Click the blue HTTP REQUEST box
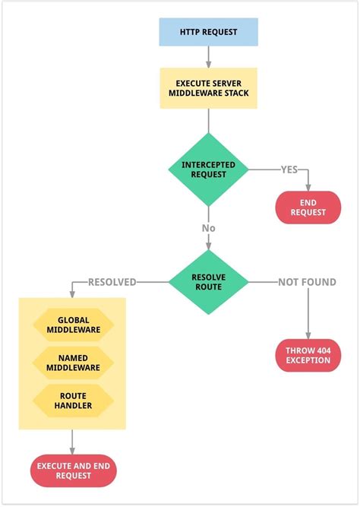[x=208, y=32]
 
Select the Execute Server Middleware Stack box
[x=208, y=87]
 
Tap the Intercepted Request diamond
[x=208, y=169]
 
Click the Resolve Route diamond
[x=208, y=282]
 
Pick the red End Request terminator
[x=308, y=207]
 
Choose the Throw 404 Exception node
[x=308, y=355]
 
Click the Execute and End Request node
[x=73, y=471]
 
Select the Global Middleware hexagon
[x=73, y=325]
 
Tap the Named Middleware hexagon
[x=73, y=363]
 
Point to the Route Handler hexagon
[x=73, y=401]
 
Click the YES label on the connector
[x=289, y=169]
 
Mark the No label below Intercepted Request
[x=208, y=227]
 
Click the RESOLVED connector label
[x=112, y=282]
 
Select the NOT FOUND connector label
[x=307, y=282]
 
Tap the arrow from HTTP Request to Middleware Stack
[x=208, y=57]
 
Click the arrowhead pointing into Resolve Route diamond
[x=208, y=245]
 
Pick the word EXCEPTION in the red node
[x=308, y=360]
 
